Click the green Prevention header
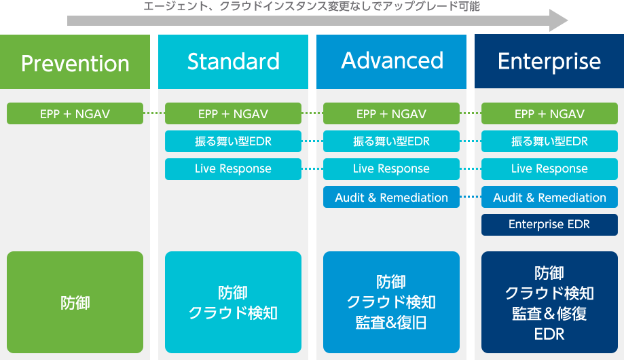point(75,62)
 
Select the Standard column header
point(233,62)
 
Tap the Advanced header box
point(391,62)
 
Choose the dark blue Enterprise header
point(549,61)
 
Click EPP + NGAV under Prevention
point(75,113)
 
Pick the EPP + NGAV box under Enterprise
point(549,113)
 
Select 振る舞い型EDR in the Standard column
point(233,141)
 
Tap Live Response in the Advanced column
point(391,169)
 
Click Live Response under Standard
point(233,169)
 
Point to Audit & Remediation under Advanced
point(391,197)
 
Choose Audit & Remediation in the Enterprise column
point(549,197)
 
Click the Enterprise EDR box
point(549,225)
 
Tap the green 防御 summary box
point(75,302)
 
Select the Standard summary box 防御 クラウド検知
point(233,302)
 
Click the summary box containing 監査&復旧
point(391,302)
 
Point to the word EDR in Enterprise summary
point(549,334)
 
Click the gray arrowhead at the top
point(558,20)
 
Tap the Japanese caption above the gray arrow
point(312,6)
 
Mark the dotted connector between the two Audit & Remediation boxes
point(471,197)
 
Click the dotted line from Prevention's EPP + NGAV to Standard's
point(154,113)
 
